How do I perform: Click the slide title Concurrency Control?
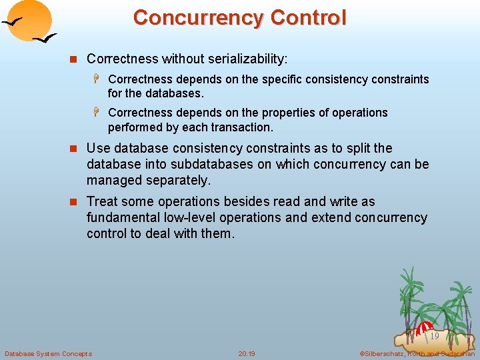point(239,17)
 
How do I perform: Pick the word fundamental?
point(123,217)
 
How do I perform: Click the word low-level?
point(189,217)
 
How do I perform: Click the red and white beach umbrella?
point(424,328)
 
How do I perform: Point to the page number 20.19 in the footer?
point(247,353)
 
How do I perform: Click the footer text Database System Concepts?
point(48,353)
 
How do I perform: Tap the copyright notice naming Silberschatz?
point(417,353)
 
